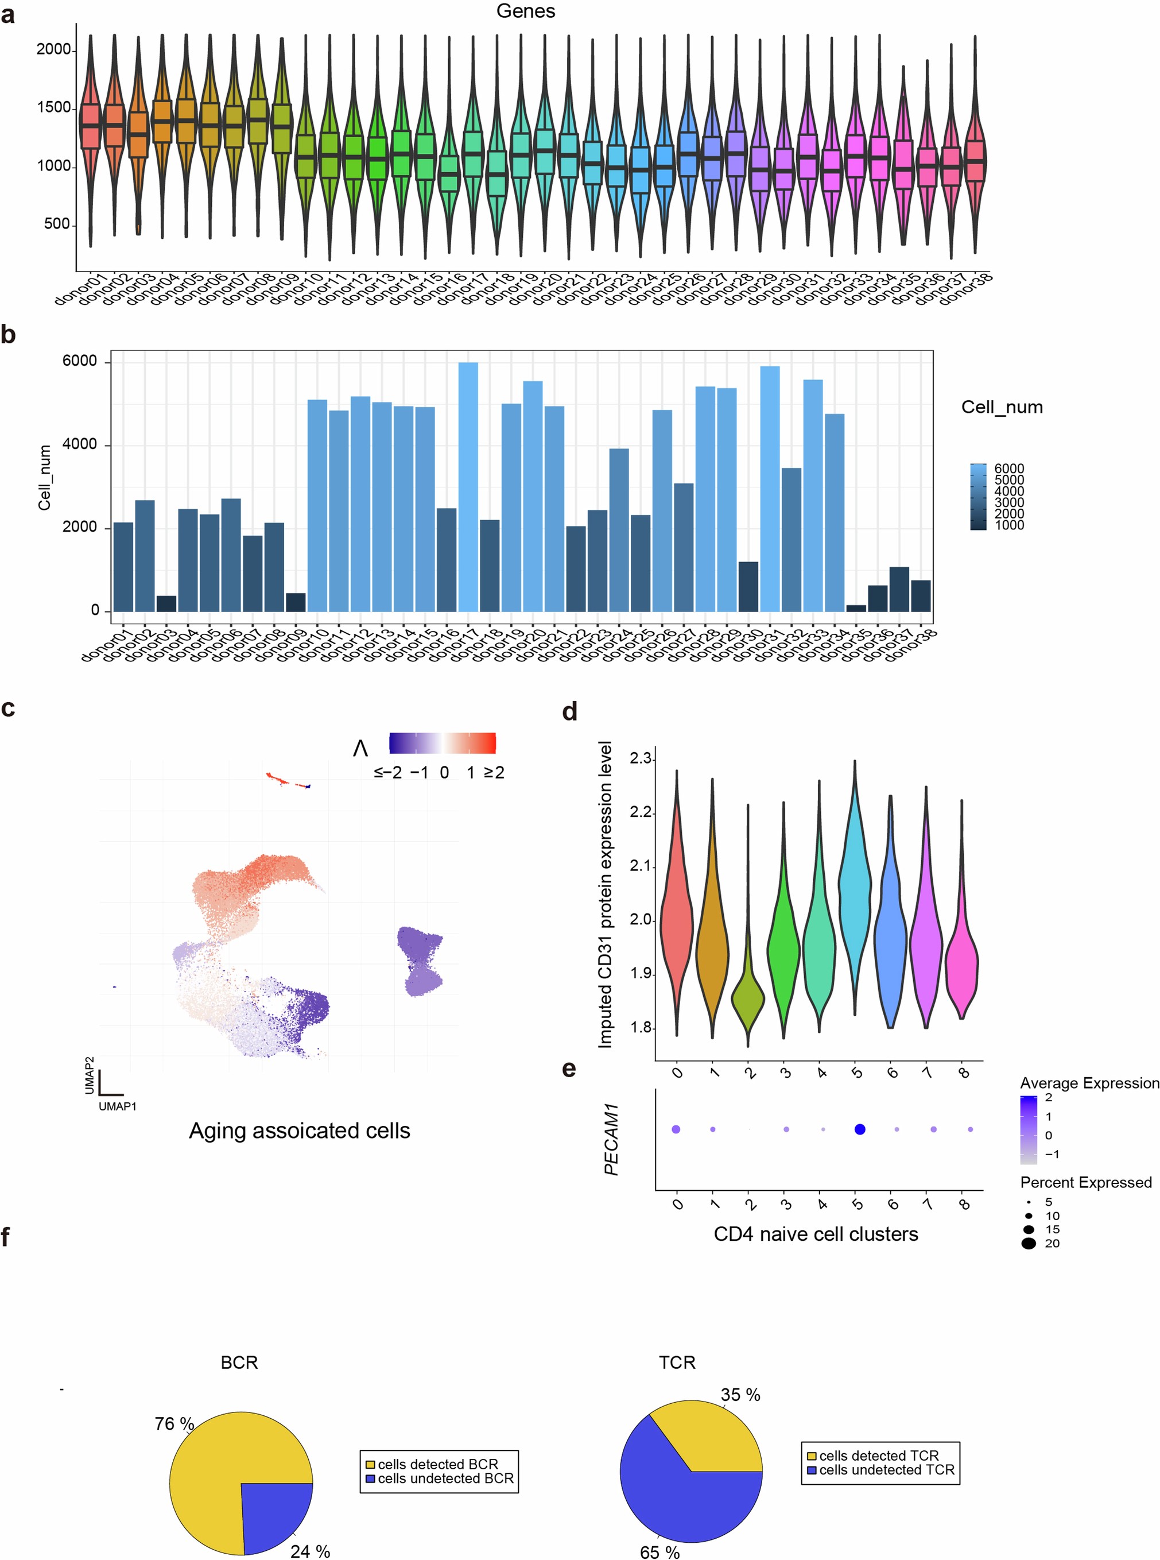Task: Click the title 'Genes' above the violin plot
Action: pos(525,11)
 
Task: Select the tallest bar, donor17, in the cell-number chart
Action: pos(468,491)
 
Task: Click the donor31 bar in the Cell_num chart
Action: pos(770,491)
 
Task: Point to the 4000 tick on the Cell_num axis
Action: pos(79,444)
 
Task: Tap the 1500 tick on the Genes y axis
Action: pos(53,107)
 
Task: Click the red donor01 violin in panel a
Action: pos(90,126)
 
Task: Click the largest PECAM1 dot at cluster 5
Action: pos(859,1129)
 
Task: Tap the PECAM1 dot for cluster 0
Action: pos(676,1129)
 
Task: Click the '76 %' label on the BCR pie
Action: pos(174,1424)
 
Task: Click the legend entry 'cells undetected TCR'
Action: pos(886,1470)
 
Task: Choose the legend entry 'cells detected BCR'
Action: pos(437,1465)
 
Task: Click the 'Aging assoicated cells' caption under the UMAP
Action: pos(299,1131)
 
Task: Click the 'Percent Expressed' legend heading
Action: pos(1085,1183)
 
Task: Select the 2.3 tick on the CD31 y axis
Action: pos(641,758)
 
